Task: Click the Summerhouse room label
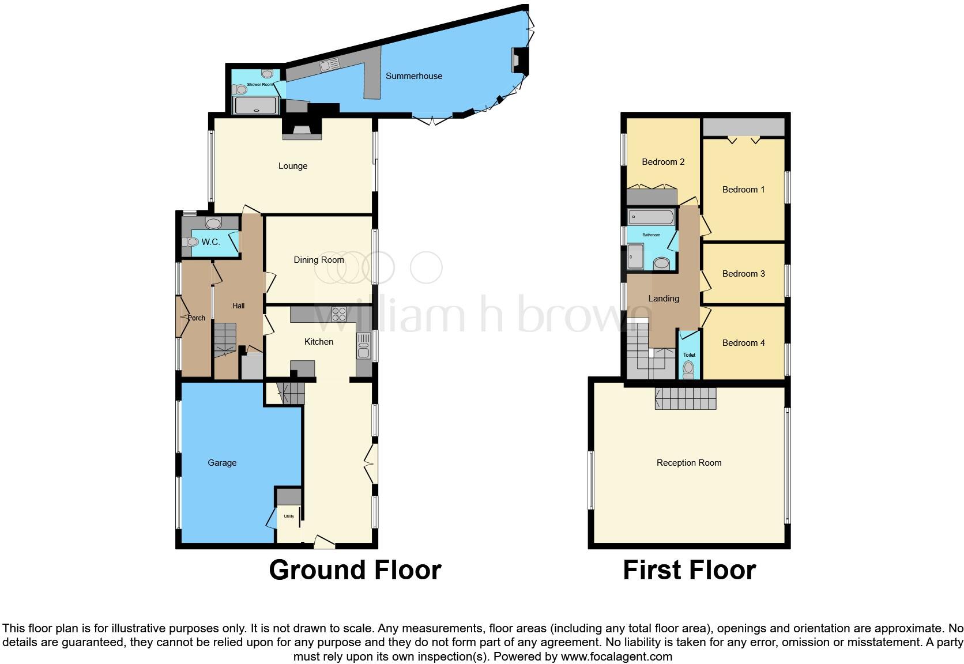coord(414,76)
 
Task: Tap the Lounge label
coord(293,166)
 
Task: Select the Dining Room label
coord(319,260)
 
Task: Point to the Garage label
coord(222,463)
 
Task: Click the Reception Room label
coord(689,463)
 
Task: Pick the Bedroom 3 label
coord(743,274)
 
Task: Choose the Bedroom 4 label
coord(743,343)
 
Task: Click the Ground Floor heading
coord(355,570)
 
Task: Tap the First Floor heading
coord(689,570)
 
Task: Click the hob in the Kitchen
coord(339,314)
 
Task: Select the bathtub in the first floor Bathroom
coord(652,218)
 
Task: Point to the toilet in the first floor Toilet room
coord(688,369)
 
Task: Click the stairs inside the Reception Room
coord(685,398)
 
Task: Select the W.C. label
coord(210,242)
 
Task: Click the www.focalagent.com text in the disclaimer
coord(616,657)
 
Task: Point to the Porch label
coord(197,318)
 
